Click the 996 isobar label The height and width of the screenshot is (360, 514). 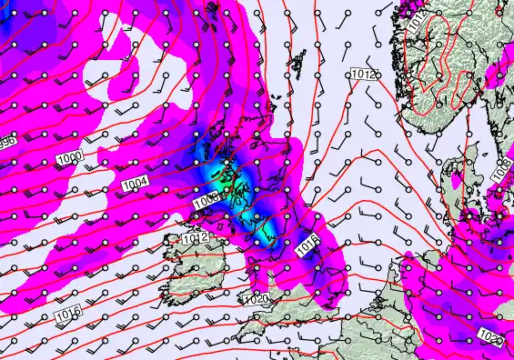coord(5,142)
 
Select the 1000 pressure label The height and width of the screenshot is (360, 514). coord(69,158)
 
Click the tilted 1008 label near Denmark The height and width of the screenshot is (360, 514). coord(500,169)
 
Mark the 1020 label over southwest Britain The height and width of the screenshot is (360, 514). coord(257,299)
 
